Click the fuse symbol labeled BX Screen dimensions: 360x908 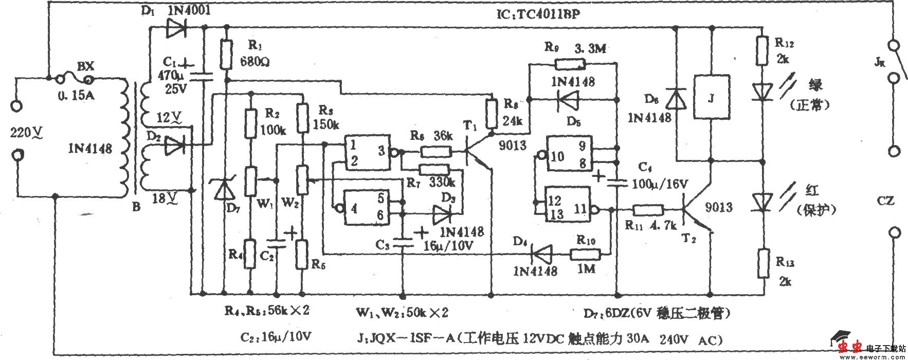tap(75, 80)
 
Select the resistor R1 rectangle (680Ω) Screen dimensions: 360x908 tap(226, 53)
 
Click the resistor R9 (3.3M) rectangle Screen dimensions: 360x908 tap(570, 64)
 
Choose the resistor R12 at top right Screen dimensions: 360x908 tap(760, 49)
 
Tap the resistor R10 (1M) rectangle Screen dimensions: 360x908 tap(585, 253)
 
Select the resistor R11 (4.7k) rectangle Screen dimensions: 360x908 tap(648, 210)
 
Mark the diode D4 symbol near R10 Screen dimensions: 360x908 tap(541, 253)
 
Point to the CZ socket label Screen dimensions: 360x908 tap(885, 201)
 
